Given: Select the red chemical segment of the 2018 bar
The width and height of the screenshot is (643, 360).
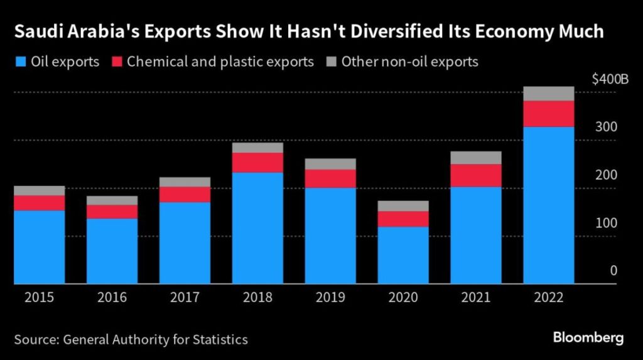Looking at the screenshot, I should click(257, 162).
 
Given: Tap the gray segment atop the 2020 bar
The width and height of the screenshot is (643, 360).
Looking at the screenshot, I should click(403, 206).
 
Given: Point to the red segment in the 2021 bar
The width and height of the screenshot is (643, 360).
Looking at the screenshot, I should click(475, 175).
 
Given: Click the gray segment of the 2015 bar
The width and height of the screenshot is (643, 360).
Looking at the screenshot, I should click(39, 190).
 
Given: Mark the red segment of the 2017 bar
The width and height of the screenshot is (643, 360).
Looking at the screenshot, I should click(185, 194).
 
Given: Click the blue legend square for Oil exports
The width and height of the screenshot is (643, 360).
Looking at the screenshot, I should click(19, 62).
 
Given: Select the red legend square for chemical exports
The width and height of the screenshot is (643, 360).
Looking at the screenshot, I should click(117, 62).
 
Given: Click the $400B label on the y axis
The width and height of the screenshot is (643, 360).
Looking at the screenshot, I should click(609, 80).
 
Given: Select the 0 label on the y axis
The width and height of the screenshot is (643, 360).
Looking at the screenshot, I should click(613, 271).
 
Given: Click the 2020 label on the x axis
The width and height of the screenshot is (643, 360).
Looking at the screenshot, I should click(403, 297).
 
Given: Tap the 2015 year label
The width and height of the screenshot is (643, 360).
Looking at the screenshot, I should click(39, 297).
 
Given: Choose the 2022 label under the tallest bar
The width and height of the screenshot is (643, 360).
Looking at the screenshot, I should click(548, 297).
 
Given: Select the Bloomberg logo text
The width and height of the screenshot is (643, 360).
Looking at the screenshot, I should click(588, 338).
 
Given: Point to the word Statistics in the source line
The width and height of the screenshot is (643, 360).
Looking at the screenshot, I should click(218, 340).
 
